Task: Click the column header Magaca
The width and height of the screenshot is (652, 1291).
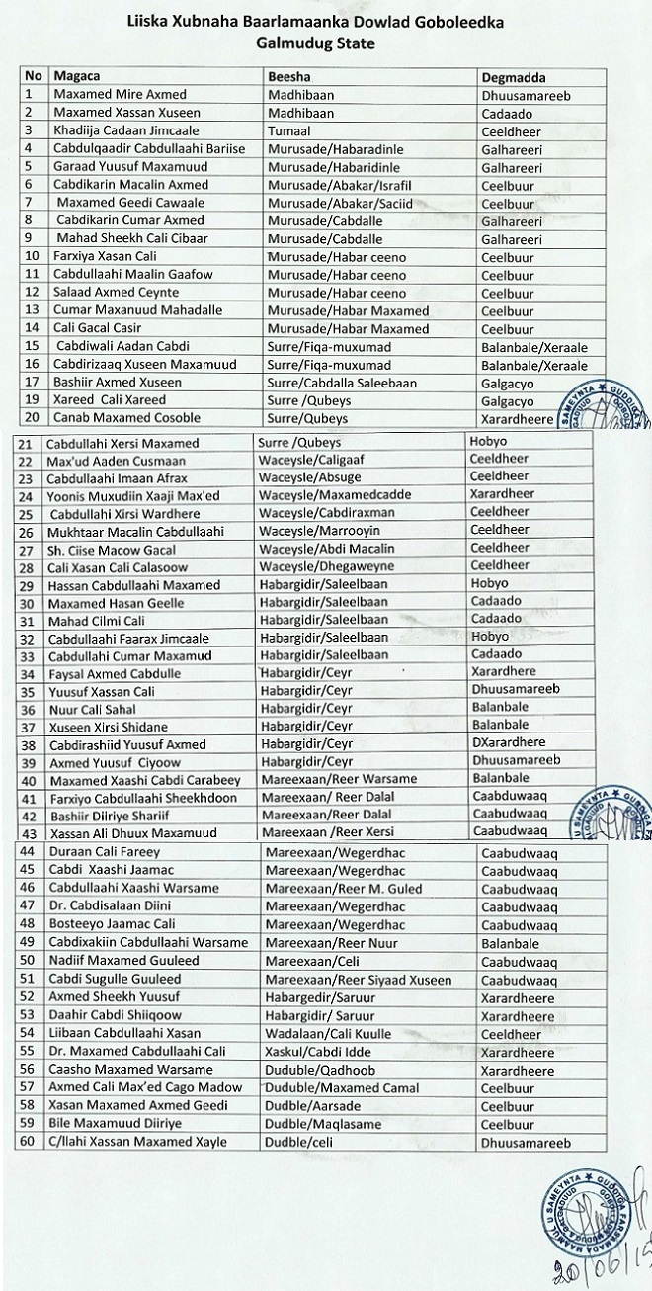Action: click(78, 76)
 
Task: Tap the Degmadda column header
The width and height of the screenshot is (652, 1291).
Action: click(514, 76)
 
